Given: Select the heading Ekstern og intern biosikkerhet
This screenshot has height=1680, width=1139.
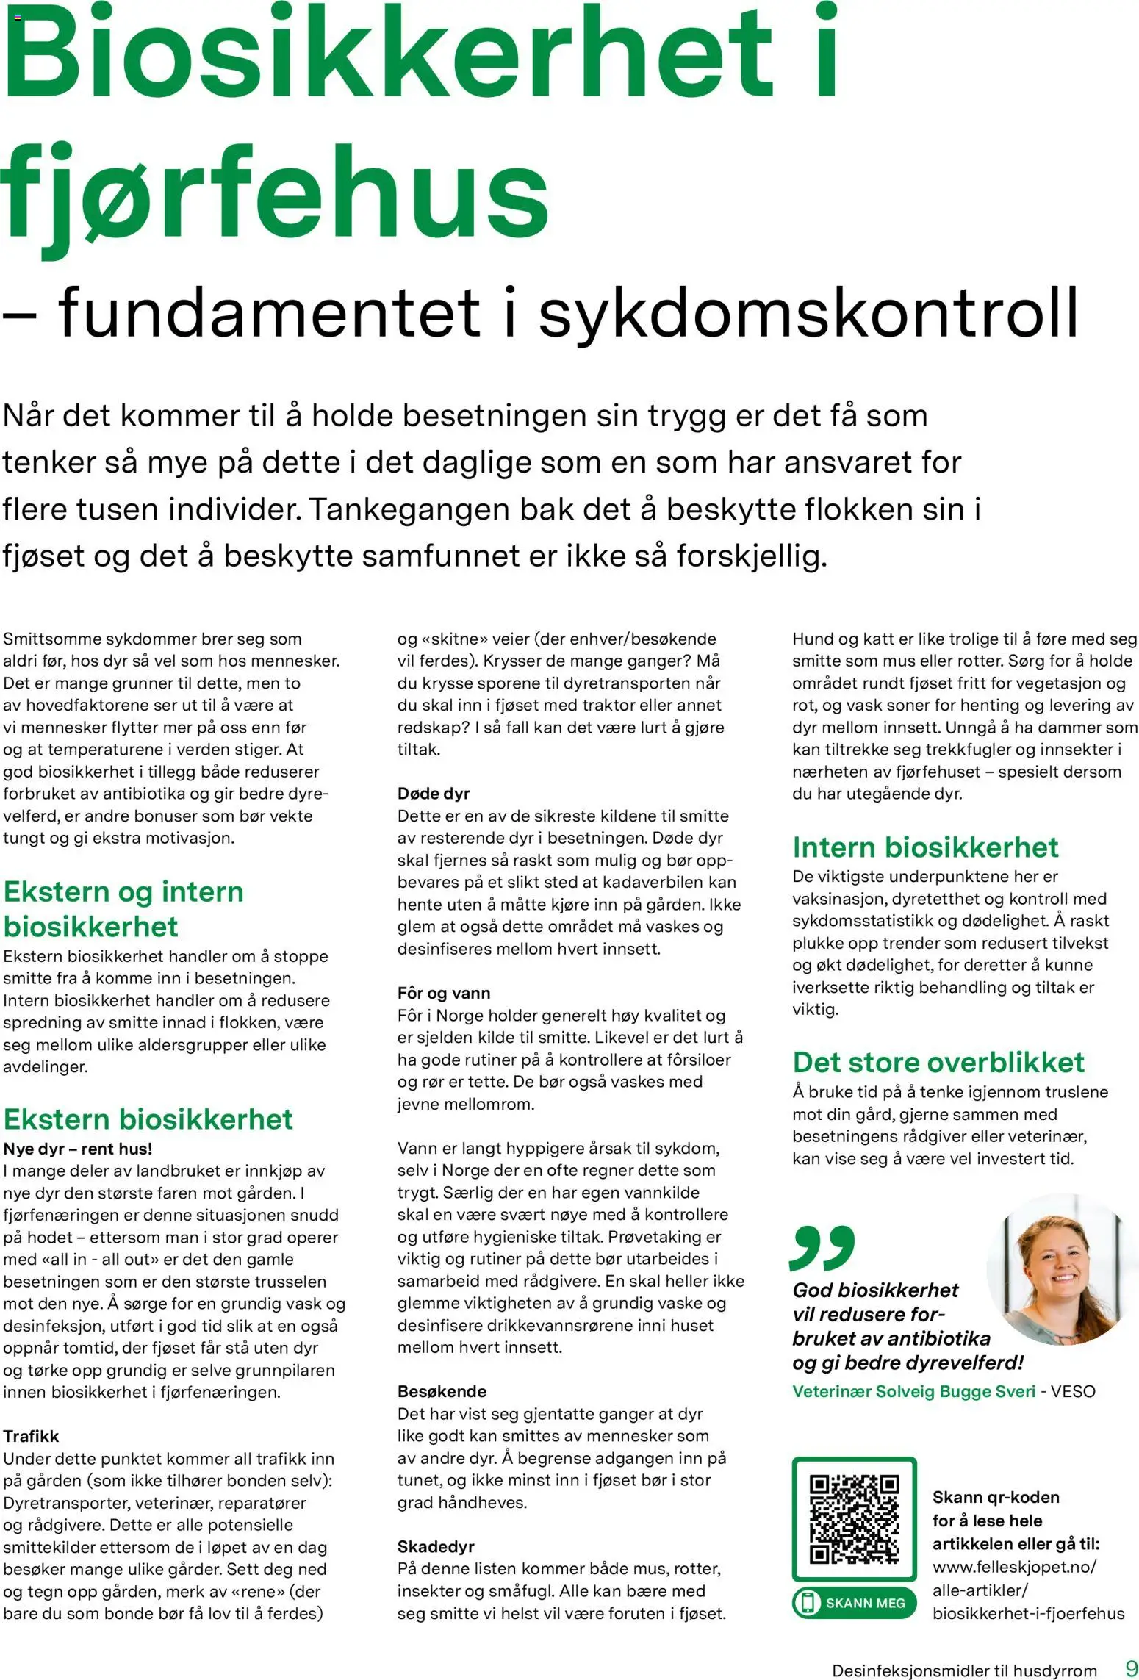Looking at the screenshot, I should coord(123,908).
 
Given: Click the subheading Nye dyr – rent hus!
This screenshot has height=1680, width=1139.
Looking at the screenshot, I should coord(78,1148).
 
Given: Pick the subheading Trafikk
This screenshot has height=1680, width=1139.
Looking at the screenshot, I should coord(31,1435).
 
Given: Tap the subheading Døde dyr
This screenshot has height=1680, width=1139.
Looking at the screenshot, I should coord(434,793).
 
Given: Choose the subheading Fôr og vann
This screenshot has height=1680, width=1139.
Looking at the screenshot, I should coord(444,993).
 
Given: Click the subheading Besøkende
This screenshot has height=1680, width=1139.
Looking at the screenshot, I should coord(442,1391).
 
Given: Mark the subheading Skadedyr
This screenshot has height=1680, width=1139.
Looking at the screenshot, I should coord(436,1546).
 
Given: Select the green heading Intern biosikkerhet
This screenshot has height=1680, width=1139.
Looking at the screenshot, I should coord(925,847).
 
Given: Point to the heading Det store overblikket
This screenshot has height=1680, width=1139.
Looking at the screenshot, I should coord(938,1062).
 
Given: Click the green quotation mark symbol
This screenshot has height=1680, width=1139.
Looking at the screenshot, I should coord(822,1246).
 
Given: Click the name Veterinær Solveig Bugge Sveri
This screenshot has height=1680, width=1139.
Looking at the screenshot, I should coord(913,1391).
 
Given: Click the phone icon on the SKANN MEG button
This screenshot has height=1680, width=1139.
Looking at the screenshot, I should coord(808,1603).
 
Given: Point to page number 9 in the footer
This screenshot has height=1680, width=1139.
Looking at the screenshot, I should coord(1131,1667).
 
